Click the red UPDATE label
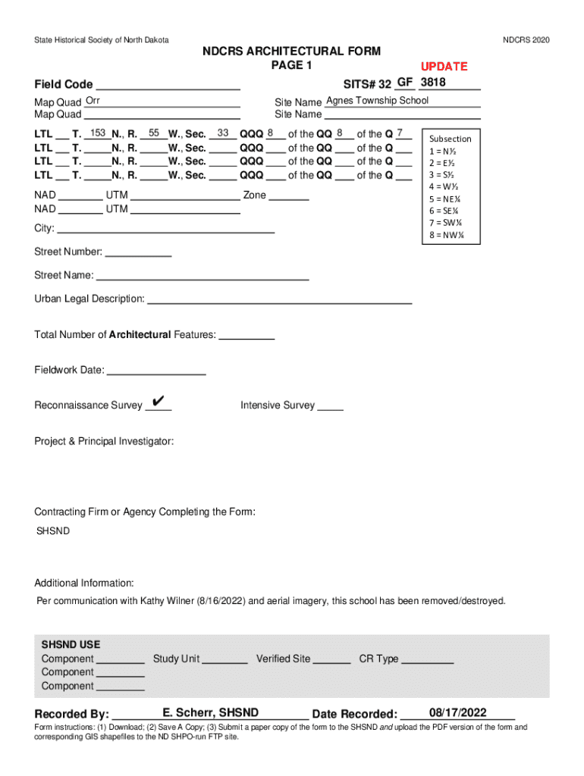(444, 66)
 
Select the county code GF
(405, 82)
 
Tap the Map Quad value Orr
(93, 101)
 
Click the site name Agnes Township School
(377, 101)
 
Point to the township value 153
(97, 133)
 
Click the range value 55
(153, 133)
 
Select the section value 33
(223, 133)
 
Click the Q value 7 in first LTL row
(400, 133)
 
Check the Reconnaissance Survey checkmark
(159, 401)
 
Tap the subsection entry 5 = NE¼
(444, 198)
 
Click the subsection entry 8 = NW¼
(446, 234)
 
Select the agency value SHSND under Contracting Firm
(54, 531)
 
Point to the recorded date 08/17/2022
(457, 712)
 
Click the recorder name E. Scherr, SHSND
(210, 712)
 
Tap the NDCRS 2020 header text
(526, 40)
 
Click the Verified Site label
(284, 659)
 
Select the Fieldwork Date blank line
(156, 371)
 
